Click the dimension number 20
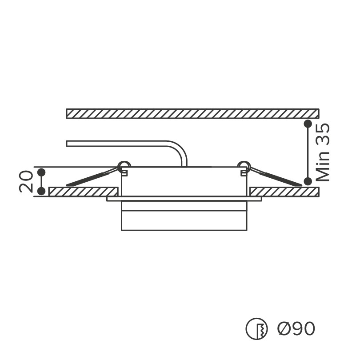tap(26, 181)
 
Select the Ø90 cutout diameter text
tap(296, 328)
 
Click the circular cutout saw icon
tap(256, 329)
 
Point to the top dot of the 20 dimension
tap(41, 172)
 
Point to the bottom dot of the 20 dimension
tap(41, 191)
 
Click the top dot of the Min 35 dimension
tap(308, 124)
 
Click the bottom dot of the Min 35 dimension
tap(308, 181)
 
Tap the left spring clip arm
tap(92, 177)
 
